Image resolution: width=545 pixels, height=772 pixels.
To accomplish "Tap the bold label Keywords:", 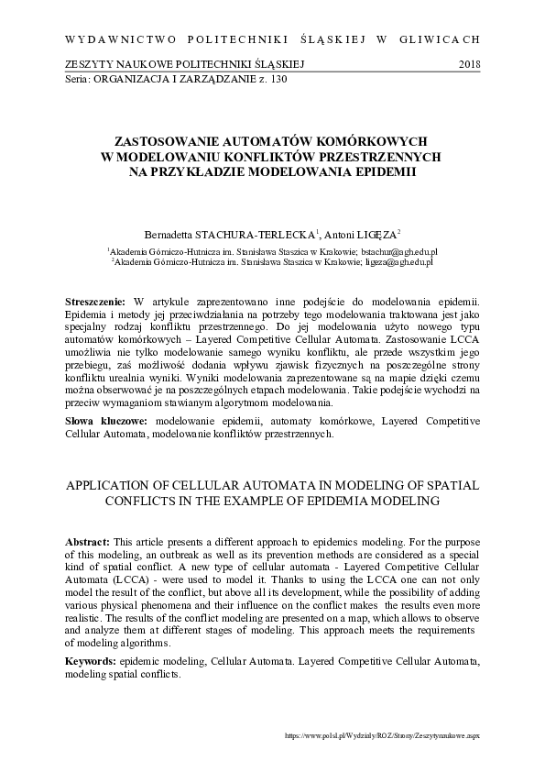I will click(93, 661).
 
